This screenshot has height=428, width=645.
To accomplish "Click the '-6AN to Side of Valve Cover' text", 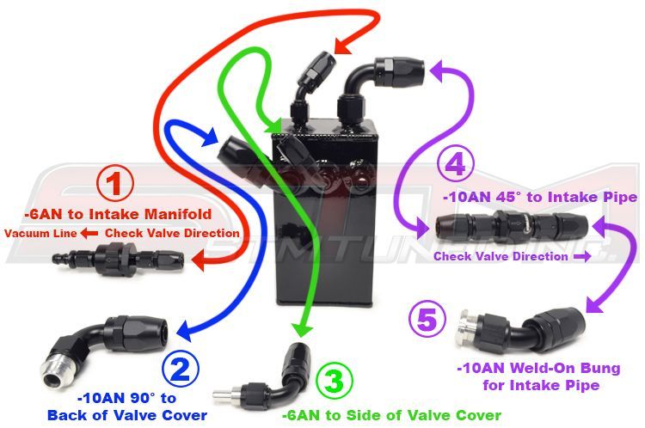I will (391, 413).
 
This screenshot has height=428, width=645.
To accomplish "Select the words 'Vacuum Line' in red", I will (40, 234).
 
